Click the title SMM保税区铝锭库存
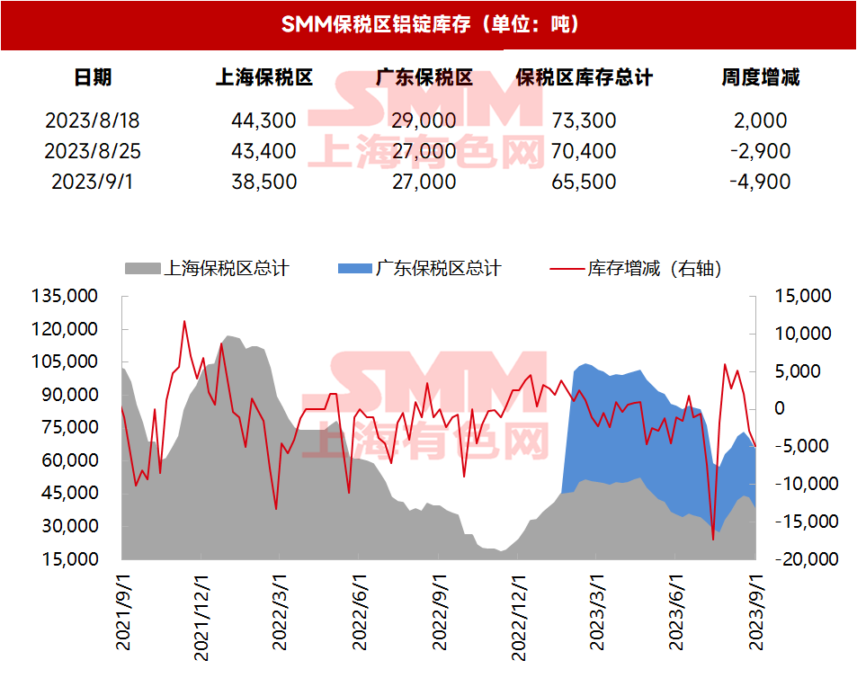pos(429,24)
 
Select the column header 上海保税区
pos(263,77)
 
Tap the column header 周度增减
pos(760,77)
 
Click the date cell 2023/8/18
pos(93,120)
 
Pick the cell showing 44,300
pos(263,120)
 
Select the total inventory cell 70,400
pos(584,151)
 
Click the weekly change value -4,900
pos(760,182)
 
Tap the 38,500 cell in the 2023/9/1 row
pos(263,182)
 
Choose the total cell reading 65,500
pos(584,182)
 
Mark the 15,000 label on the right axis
pos(802,296)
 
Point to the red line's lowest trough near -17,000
pos(713,540)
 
